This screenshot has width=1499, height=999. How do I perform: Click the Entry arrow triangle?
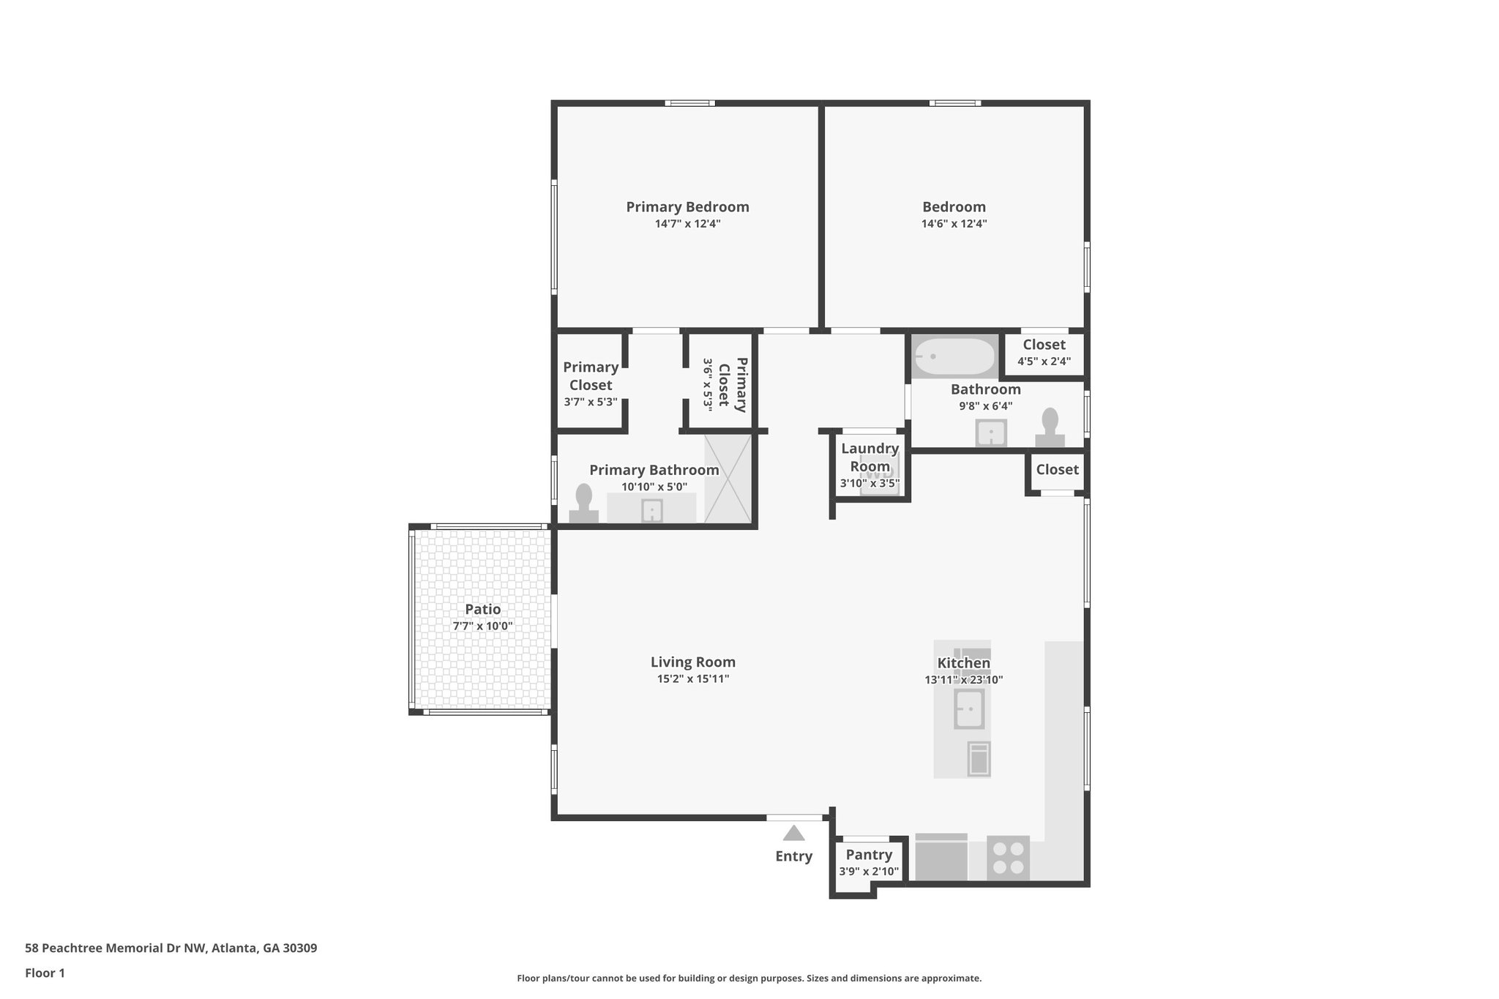coord(793,833)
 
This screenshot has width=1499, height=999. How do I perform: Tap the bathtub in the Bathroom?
coord(953,356)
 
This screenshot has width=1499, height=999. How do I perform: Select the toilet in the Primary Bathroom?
coord(583,504)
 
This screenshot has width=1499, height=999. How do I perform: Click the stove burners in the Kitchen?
coord(1008,858)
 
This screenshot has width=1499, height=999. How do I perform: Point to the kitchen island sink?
coord(969,709)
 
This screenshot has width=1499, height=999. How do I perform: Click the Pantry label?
coord(869,855)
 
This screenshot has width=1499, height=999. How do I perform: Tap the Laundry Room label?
coord(870,457)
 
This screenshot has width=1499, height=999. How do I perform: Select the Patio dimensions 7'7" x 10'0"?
coord(482,626)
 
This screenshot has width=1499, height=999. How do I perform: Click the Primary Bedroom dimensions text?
coord(687,224)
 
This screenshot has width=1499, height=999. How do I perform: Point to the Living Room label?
coord(692,662)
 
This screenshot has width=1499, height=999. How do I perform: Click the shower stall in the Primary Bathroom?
coord(728,479)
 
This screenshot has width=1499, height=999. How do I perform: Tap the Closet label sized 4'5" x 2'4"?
coord(1044,345)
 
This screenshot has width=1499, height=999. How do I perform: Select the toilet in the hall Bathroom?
coord(1050,428)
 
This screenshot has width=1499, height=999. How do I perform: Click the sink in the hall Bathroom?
coord(991,433)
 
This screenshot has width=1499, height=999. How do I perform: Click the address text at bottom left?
coord(171,949)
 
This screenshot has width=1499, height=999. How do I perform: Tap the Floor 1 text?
coord(45,973)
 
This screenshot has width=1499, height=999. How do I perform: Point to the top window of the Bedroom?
coord(954,103)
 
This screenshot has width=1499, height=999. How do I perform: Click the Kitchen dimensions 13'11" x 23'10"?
coord(963,680)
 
